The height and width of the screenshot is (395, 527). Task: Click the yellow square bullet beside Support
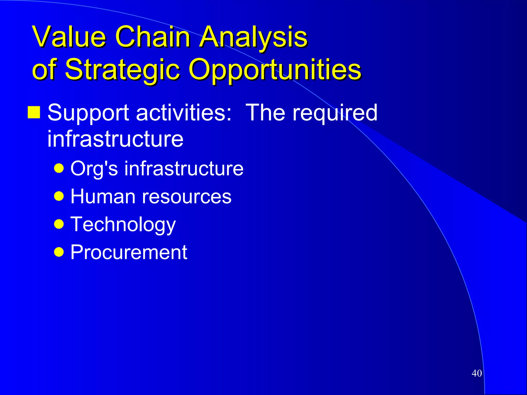[34, 112]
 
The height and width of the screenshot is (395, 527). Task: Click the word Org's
[94, 169]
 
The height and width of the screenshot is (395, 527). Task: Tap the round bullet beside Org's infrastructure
[59, 169]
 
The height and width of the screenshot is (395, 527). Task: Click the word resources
[187, 196]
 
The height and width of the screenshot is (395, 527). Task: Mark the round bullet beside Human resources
[59, 196]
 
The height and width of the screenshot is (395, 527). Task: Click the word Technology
[123, 224]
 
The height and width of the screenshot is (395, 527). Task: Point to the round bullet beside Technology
[59, 224]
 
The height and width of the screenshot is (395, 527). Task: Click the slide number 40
[477, 373]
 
